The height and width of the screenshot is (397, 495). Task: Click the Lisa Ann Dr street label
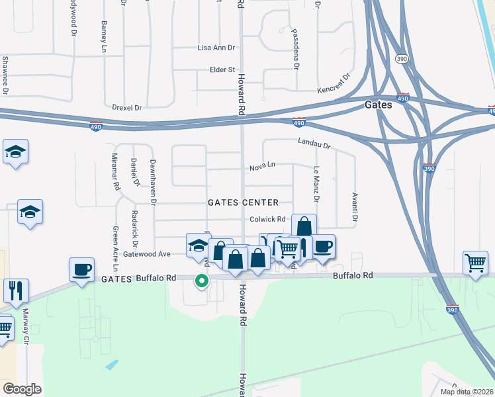click(x=216, y=48)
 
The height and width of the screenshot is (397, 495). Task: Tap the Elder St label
click(x=222, y=69)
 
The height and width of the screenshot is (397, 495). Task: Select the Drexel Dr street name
click(x=128, y=107)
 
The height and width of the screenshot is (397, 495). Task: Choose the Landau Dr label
click(x=313, y=142)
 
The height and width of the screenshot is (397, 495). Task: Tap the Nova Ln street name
click(x=262, y=167)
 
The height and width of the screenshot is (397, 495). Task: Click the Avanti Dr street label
click(x=355, y=207)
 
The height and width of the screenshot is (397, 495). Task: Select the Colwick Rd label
click(x=267, y=220)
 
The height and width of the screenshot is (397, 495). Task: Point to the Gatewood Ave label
click(x=146, y=253)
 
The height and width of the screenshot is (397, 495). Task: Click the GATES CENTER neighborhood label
click(x=243, y=202)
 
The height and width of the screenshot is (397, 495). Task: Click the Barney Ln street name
click(x=104, y=36)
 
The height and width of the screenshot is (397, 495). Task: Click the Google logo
click(x=22, y=389)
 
